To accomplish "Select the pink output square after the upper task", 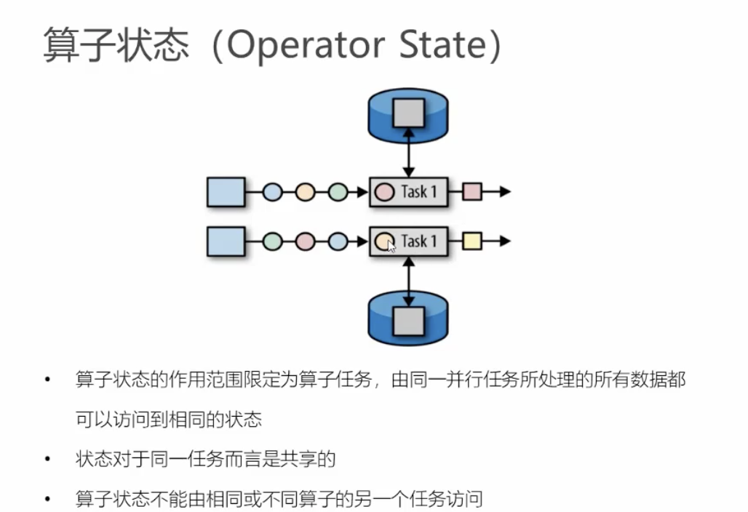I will point(472,192).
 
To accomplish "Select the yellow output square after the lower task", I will point(472,240).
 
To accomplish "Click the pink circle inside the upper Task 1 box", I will point(383,192).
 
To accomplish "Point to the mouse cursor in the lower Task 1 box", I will point(391,247).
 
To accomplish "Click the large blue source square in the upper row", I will point(226,192).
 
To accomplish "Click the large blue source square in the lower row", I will point(226,241).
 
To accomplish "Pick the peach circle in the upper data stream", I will point(304,192).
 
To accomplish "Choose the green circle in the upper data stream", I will point(338,192).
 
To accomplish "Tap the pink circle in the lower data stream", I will point(304,241).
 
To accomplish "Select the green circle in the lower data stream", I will point(271,241).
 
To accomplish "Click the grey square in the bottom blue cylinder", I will point(408,319).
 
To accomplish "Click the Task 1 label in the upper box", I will point(419,192).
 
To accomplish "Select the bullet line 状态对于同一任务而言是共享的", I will point(205,460).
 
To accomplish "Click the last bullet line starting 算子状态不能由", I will point(279,499).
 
